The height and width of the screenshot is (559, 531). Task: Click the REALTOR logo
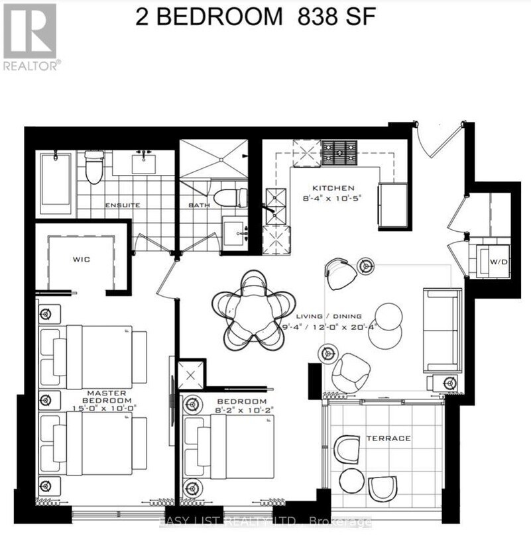pyautogui.click(x=30, y=36)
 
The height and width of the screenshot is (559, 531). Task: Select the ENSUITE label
pyautogui.click(x=122, y=205)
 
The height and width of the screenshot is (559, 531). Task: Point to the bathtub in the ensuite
pyautogui.click(x=55, y=182)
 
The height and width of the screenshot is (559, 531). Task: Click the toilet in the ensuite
pyautogui.click(x=94, y=168)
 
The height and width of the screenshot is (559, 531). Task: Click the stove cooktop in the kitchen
pyautogui.click(x=339, y=153)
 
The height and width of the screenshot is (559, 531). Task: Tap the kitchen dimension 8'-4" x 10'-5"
pyautogui.click(x=335, y=197)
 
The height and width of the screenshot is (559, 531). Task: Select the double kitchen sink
pyautogui.click(x=273, y=205)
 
